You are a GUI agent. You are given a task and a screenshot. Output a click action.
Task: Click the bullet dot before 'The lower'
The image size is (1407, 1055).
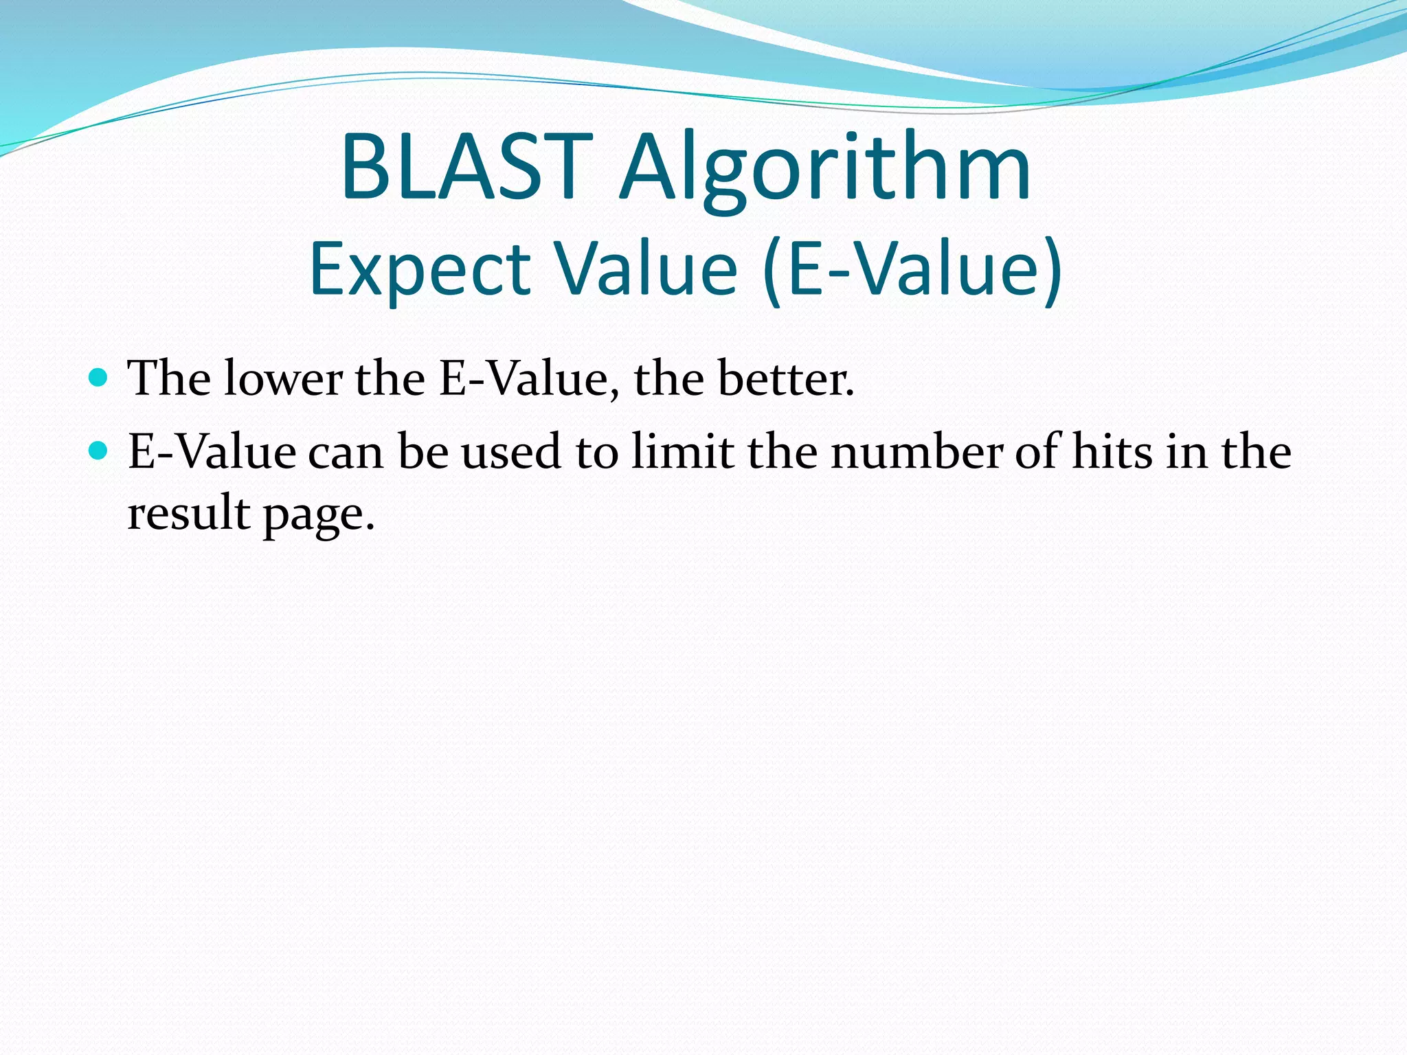coord(99,377)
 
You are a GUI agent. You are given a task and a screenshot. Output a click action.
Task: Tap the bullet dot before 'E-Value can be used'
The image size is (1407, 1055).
coord(99,451)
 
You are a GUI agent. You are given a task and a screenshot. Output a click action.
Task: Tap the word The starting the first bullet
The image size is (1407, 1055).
coord(169,378)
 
